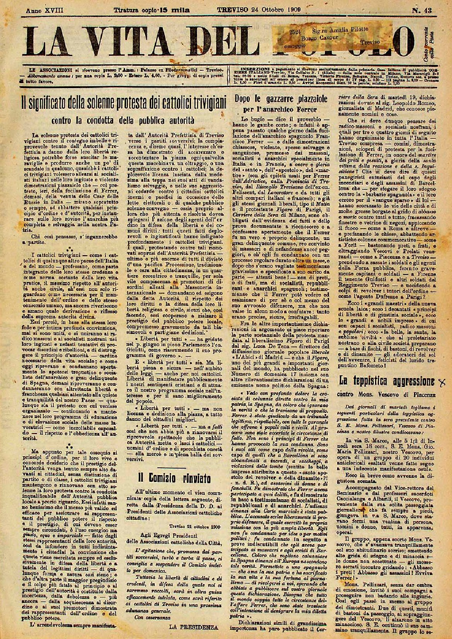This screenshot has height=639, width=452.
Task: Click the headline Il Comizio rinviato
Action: click(172, 477)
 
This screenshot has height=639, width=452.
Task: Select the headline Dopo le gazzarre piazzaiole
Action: click(282, 99)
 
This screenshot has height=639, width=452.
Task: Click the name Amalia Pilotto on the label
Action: click(351, 29)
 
